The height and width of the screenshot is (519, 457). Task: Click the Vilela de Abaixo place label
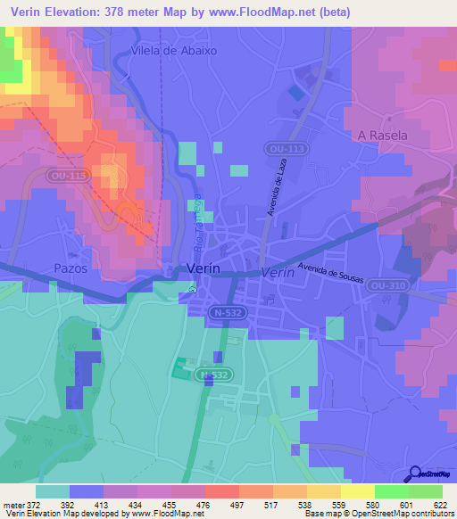(173, 51)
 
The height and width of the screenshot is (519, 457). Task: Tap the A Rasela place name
(382, 136)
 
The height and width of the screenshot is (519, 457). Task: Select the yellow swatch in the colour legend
(358, 491)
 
